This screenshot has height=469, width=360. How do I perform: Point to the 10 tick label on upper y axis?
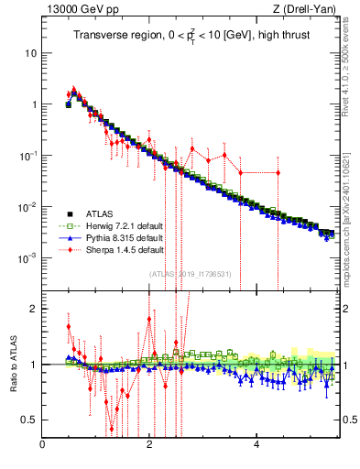pos(30,53)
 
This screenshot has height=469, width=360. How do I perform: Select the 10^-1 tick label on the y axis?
pos(27,156)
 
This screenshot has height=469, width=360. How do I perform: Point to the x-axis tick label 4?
pos(256,444)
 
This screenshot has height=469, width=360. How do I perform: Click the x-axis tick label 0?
pos(43,444)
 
